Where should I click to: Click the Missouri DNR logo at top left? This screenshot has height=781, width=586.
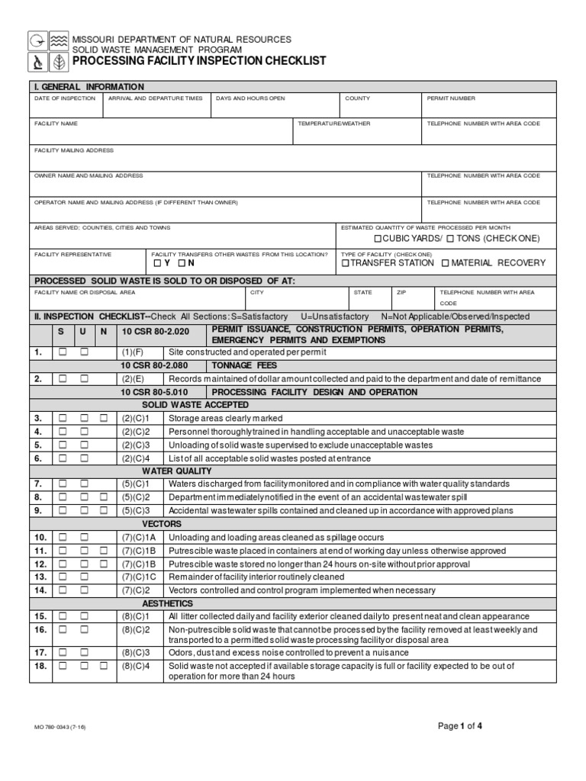pos(47,50)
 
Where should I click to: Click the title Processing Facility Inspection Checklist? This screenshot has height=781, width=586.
pos(198,61)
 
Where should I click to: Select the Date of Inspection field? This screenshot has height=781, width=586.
pos(66,109)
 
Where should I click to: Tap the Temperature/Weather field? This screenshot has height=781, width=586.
pos(357,133)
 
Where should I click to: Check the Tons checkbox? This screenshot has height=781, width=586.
pos(450,239)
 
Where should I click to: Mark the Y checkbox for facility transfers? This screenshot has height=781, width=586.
pos(157,263)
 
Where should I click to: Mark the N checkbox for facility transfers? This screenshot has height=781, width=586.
pos(181,263)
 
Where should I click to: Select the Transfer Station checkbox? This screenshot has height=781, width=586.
pos(345,263)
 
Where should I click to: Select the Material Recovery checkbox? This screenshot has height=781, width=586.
pos(446,263)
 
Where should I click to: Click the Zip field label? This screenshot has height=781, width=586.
pos(401,291)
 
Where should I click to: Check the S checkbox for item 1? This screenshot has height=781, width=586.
pos(63,352)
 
